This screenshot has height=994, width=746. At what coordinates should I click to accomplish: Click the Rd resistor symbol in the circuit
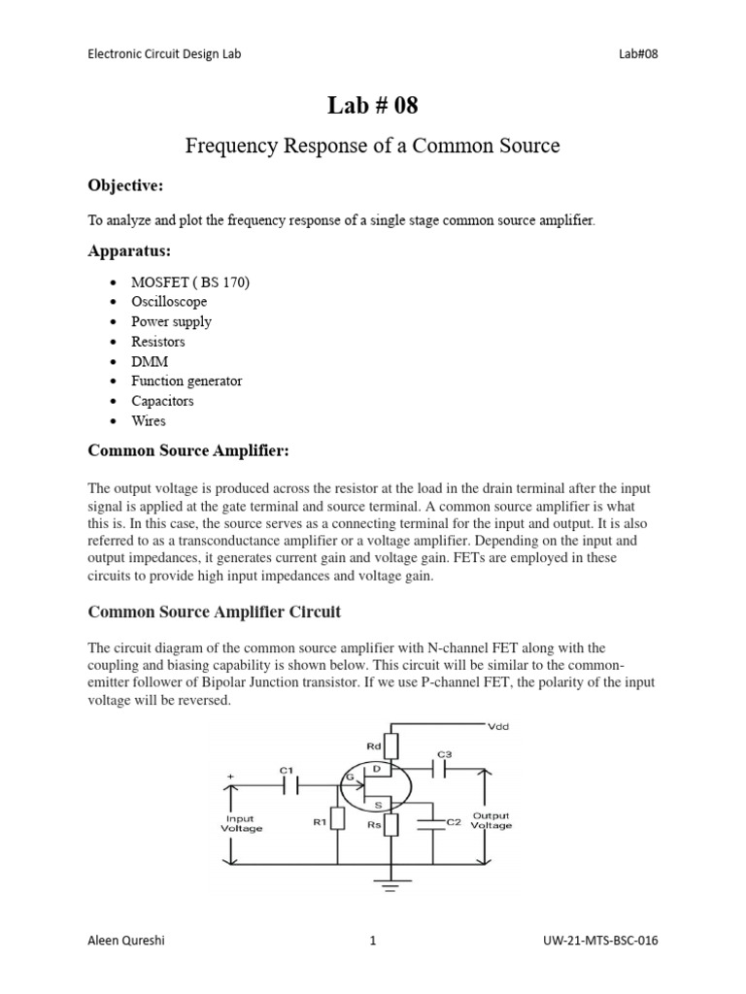click(391, 746)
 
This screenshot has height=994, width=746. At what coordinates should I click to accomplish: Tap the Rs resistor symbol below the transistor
click(391, 824)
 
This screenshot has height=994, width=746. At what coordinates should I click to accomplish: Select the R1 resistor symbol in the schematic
click(337, 820)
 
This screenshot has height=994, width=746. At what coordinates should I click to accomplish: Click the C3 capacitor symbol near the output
click(443, 768)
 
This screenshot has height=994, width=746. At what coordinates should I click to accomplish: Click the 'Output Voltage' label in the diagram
click(492, 821)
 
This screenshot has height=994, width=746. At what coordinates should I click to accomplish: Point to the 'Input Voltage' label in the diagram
click(242, 823)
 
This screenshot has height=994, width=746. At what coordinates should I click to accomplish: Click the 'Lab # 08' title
click(373, 106)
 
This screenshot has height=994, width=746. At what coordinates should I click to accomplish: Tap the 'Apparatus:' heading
click(129, 251)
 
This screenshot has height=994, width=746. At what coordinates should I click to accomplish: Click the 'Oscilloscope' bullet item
click(169, 302)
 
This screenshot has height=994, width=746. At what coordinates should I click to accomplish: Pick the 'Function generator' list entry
click(186, 381)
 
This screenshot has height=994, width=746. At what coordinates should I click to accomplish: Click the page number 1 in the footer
click(372, 940)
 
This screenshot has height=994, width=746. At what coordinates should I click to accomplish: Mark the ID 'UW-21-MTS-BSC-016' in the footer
click(601, 940)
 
